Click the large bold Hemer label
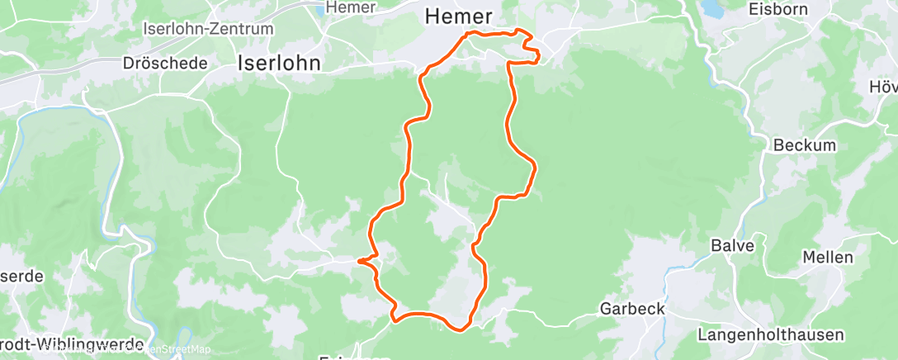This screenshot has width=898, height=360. point(458,16)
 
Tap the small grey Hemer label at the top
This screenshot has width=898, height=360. point(351,7)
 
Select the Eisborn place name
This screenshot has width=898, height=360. point(775,10)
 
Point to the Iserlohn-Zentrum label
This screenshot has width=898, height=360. point(207,28)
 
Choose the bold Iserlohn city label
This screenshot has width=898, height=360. point(279,63)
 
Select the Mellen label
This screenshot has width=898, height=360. point(827,258)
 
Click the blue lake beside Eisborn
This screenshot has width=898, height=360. point(711,8)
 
